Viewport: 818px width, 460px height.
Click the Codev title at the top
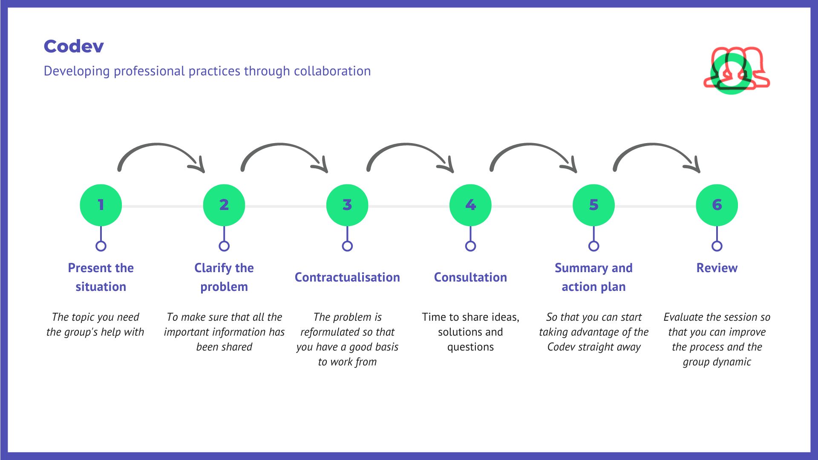pos(74,46)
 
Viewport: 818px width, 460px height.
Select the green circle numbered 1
pos(101,205)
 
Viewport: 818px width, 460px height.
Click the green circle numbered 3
pos(347,205)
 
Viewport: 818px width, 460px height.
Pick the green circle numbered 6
pos(717,205)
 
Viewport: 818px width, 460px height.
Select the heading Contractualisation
pos(347,277)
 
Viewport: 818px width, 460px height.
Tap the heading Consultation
pos(470,277)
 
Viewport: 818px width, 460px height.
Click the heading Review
pos(717,268)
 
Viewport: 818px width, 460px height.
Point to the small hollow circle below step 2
pos(224,246)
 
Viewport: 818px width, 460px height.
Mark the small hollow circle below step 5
pos(593,246)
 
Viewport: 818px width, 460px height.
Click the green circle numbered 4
pos(470,205)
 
